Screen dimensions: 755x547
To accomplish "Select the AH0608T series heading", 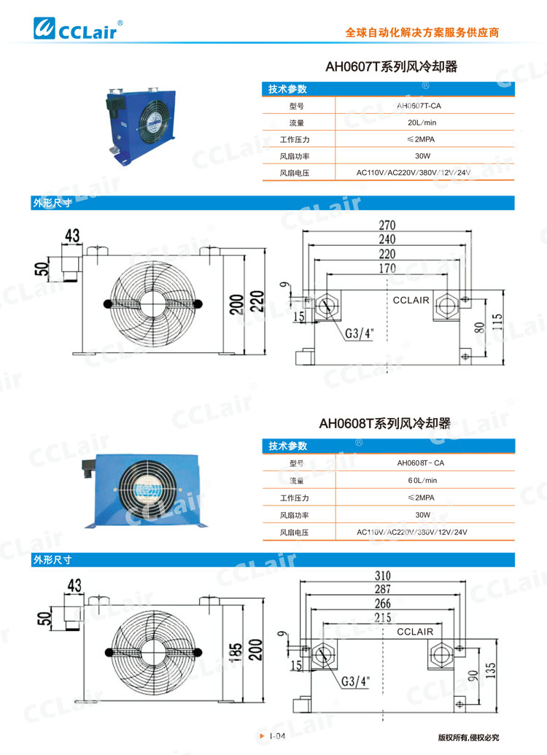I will [x=384, y=423].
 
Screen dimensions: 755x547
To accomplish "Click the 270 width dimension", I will [x=387, y=225].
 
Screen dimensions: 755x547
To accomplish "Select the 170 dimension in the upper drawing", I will [x=387, y=268].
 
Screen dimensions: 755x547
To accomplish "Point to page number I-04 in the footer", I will [x=276, y=737].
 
